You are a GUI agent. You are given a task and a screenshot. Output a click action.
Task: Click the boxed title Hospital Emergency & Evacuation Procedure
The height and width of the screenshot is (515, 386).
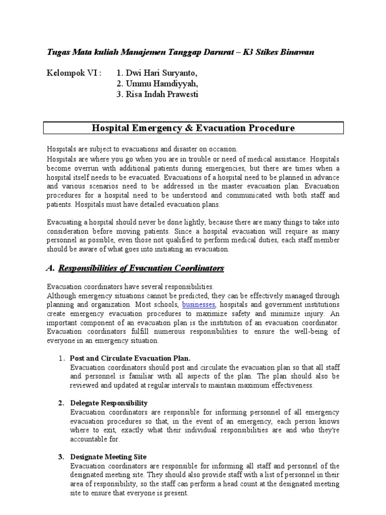click(193, 128)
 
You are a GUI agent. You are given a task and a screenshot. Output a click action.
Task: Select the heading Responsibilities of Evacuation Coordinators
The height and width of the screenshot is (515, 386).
click(141, 268)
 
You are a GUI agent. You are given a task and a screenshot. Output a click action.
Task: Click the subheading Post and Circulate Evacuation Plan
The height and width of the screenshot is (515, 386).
click(131, 358)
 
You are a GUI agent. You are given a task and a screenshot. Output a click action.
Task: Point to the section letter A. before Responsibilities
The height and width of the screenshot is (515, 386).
click(50, 268)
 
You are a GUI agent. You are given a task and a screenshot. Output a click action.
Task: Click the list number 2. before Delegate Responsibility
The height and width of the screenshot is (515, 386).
click(61, 403)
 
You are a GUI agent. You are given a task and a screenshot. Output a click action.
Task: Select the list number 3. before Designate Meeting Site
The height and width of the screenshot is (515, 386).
click(61, 457)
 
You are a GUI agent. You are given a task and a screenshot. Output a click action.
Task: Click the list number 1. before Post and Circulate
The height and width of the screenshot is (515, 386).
click(61, 358)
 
